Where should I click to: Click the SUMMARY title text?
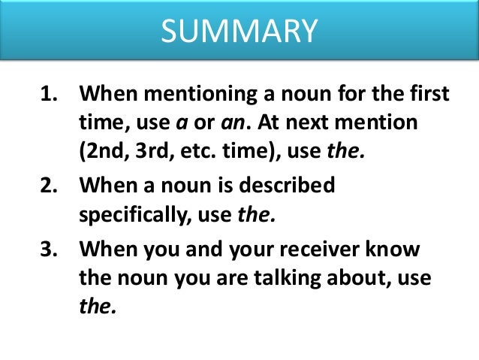point(239,31)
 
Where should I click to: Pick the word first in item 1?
point(429,96)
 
